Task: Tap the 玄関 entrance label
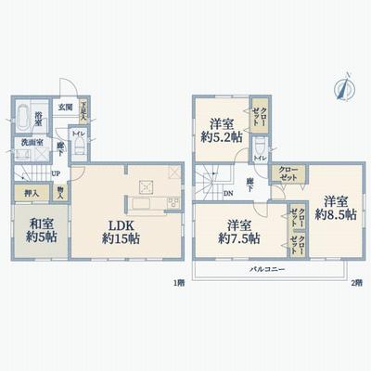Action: point(66,107)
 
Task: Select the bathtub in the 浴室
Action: point(25,120)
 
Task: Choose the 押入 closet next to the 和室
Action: point(30,193)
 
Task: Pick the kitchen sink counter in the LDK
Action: point(145,201)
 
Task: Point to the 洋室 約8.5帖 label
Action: point(332,207)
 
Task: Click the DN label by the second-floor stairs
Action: point(228,195)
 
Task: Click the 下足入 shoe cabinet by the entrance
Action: point(84,109)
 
